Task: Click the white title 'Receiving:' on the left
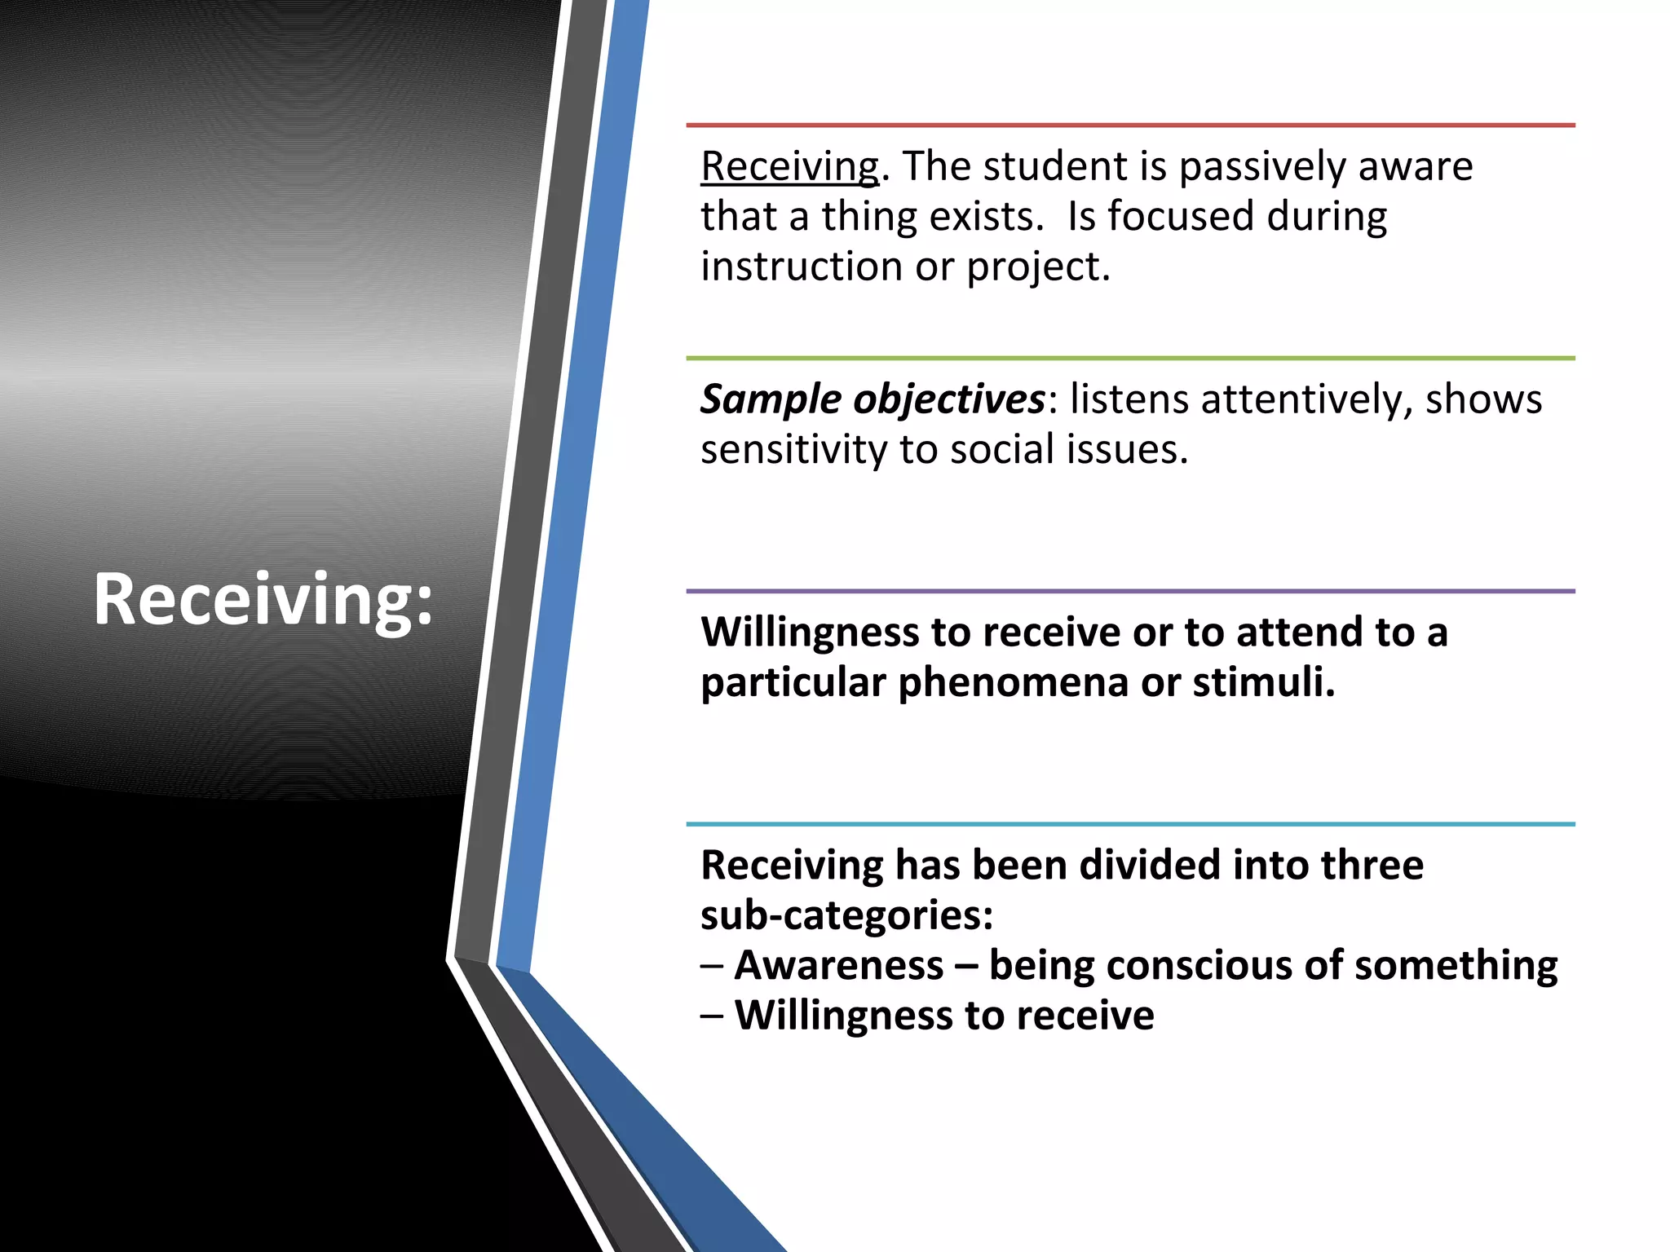(x=263, y=600)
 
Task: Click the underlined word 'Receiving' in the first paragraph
(x=789, y=167)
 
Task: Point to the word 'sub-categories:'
(x=846, y=915)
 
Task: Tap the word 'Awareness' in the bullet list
(x=838, y=965)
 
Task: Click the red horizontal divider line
(x=1130, y=126)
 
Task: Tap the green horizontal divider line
(x=1130, y=358)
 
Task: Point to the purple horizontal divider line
(x=1130, y=591)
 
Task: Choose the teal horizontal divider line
(x=1130, y=824)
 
